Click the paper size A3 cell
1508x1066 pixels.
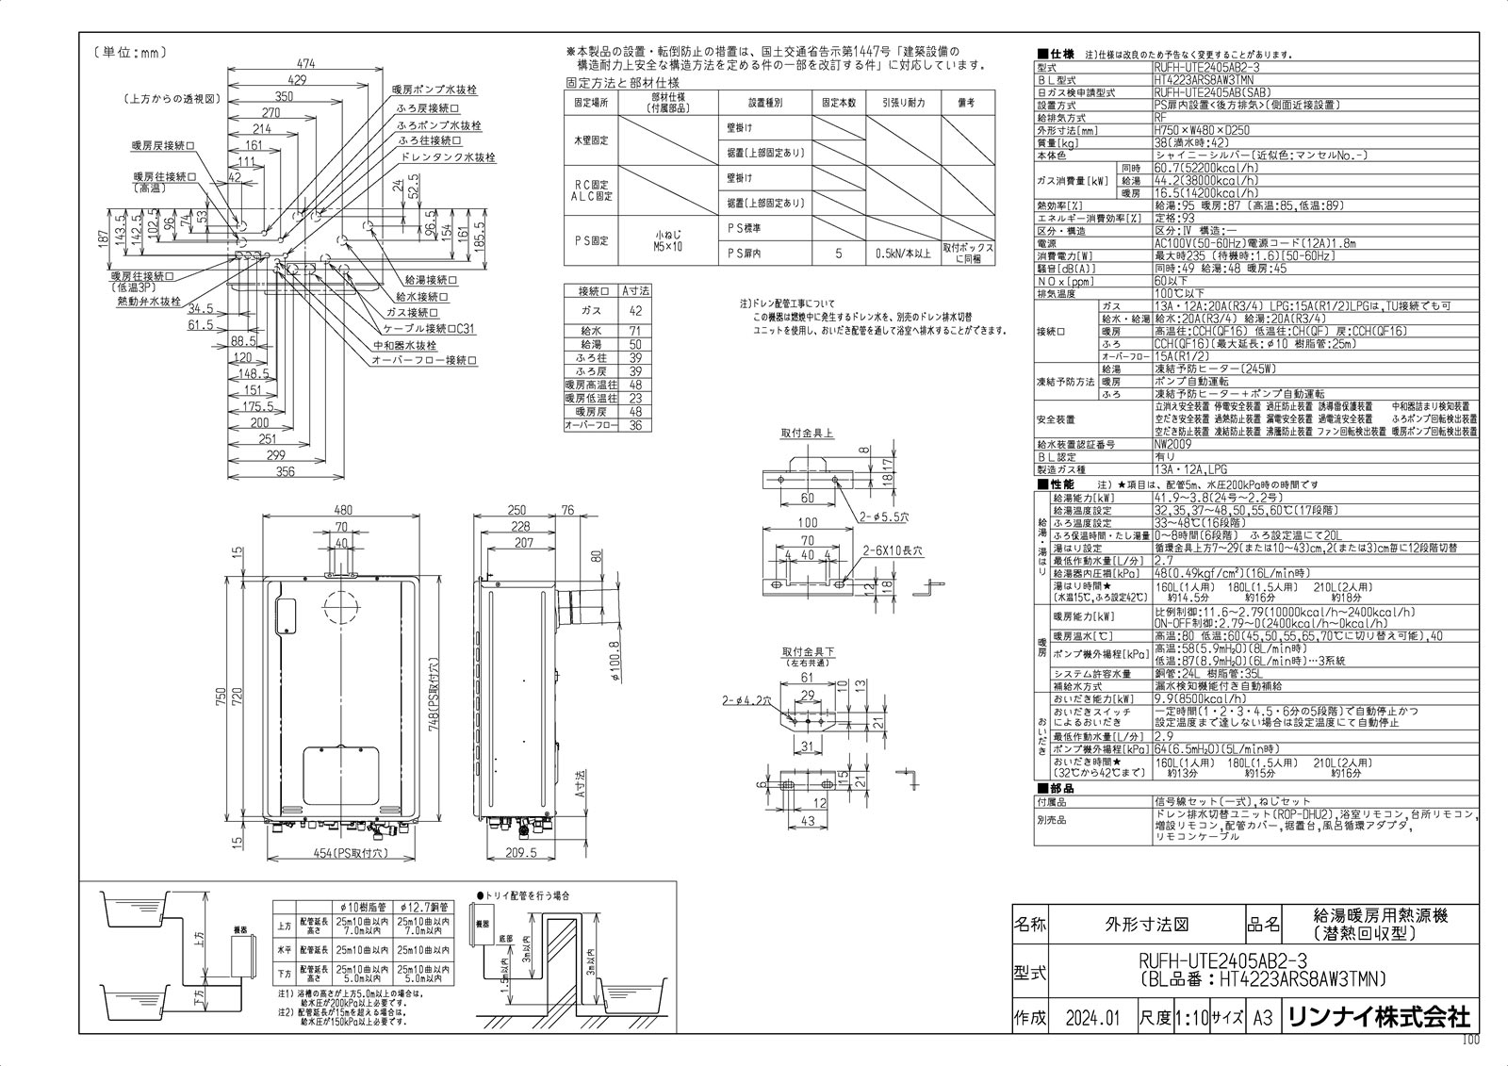point(1262,1019)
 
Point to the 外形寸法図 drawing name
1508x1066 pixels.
point(1145,926)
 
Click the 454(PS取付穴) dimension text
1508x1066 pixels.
point(338,853)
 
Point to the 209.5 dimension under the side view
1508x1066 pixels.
point(519,853)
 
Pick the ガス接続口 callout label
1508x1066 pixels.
point(412,312)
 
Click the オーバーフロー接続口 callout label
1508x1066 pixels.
point(424,361)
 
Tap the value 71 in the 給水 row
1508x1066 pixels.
point(635,330)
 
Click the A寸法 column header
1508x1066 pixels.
point(636,291)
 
